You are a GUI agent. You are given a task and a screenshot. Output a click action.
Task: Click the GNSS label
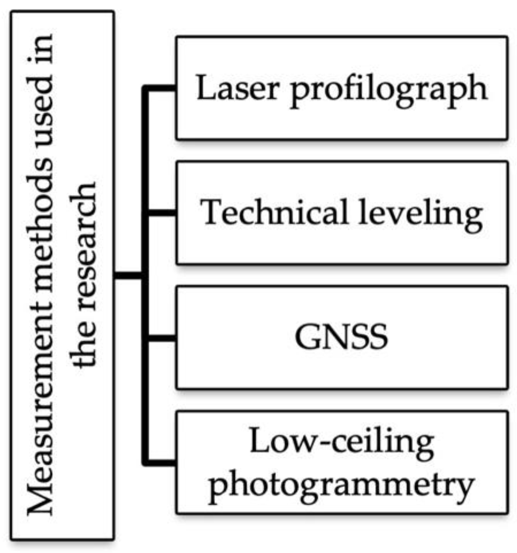point(341,337)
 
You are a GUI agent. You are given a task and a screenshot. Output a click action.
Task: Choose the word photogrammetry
point(341,485)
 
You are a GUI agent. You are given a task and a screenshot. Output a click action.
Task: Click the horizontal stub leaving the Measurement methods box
point(128,276)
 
